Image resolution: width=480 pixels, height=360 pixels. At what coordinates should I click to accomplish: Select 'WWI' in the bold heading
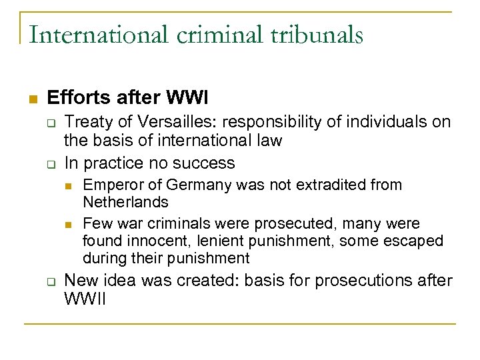187,99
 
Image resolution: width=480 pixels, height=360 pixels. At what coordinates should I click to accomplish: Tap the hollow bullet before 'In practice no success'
49,163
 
